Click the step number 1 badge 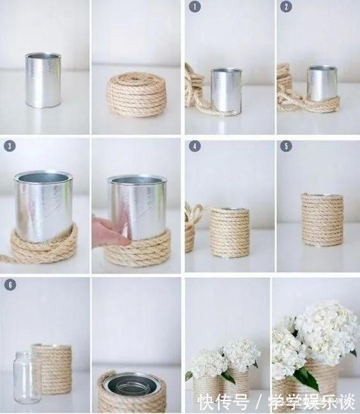pyautogui.click(x=195, y=6)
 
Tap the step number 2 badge pyautogui.click(x=286, y=6)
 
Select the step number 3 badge pyautogui.click(x=10, y=146)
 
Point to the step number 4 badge pyautogui.click(x=195, y=146)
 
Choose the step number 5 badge pyautogui.click(x=286, y=146)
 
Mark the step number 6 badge pyautogui.click(x=10, y=285)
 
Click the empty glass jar pyautogui.click(x=26, y=378)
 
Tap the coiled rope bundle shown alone pyautogui.click(x=136, y=95)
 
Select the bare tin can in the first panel pyautogui.click(x=43, y=80)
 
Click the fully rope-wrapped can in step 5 pyautogui.click(x=322, y=220)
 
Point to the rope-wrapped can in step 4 pyautogui.click(x=230, y=233)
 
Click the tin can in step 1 pyautogui.click(x=227, y=91)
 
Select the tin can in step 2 pyautogui.click(x=322, y=84)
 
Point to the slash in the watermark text pyautogui.click(x=259, y=402)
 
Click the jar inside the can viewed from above pyautogui.click(x=131, y=386)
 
